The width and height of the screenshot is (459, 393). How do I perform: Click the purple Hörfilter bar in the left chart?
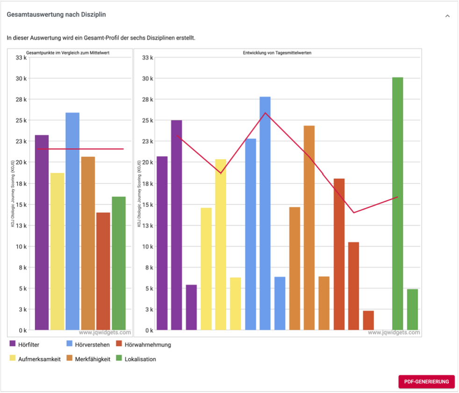(x=42, y=232)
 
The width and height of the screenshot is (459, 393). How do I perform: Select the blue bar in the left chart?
(x=72, y=221)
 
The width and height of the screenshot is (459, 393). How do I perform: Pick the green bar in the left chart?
(x=119, y=263)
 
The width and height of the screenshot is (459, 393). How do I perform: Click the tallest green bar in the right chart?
(x=398, y=204)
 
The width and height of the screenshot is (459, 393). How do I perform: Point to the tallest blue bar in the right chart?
(x=265, y=213)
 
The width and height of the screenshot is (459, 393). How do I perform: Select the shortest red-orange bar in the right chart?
(x=368, y=320)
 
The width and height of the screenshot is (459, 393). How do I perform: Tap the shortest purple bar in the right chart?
(x=191, y=307)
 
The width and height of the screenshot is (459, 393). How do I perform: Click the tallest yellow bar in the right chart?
(x=221, y=244)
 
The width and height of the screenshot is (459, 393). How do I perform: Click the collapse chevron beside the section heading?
(x=447, y=16)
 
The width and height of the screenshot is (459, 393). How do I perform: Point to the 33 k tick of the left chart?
(x=22, y=58)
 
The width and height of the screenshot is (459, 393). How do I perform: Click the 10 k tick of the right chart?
(x=148, y=247)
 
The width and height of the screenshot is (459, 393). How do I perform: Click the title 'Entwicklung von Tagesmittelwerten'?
(x=277, y=53)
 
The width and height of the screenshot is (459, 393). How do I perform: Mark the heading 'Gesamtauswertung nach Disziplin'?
(x=56, y=15)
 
